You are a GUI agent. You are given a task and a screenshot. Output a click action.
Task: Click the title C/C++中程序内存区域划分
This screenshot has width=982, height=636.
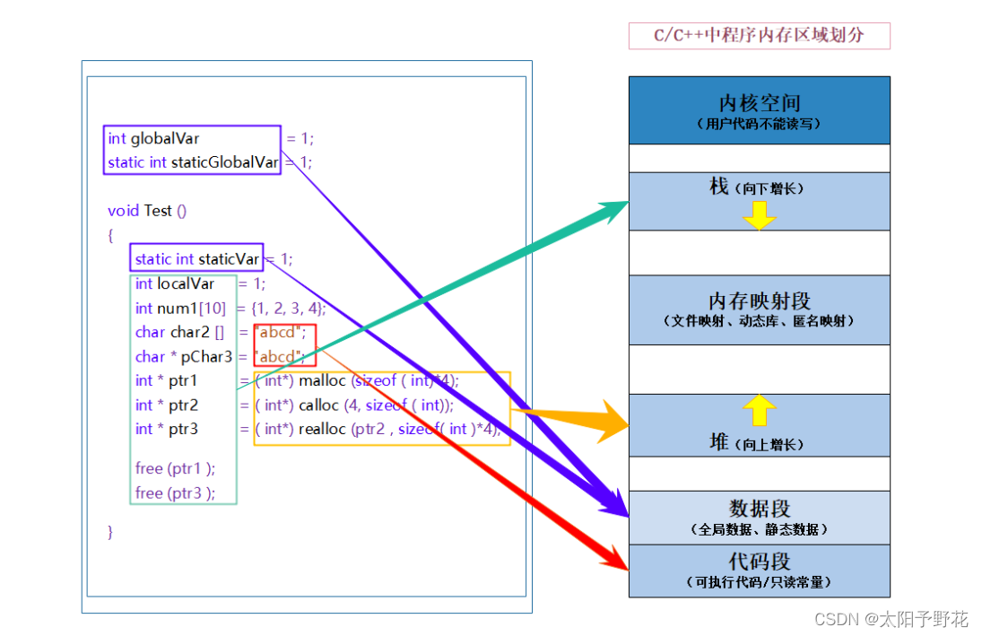point(759,36)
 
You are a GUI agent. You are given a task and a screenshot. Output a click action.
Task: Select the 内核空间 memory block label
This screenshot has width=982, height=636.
point(759,104)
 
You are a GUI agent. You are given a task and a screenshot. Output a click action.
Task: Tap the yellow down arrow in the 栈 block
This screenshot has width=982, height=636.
point(759,215)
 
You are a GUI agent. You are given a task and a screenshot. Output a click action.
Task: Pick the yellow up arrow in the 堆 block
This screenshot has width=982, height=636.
point(759,410)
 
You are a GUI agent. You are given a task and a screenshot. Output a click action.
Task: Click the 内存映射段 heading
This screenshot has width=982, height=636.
point(759,301)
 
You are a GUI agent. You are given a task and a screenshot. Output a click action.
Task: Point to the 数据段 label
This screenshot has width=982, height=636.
point(759,509)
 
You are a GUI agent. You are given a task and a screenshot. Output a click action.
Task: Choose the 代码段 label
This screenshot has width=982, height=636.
point(759,562)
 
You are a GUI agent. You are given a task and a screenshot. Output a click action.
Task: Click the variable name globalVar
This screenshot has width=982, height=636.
point(165,138)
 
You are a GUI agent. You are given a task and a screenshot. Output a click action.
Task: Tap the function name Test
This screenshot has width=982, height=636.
point(158,211)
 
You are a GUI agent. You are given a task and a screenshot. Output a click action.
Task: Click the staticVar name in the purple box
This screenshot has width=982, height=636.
point(229,259)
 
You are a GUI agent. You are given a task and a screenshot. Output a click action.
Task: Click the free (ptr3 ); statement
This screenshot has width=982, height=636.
point(176,492)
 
